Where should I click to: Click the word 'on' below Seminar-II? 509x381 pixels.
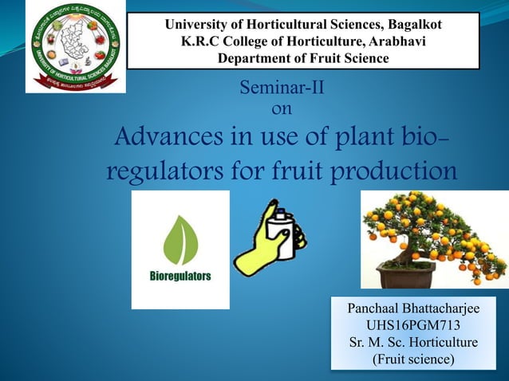point(282,108)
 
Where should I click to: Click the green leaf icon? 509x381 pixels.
point(180,239)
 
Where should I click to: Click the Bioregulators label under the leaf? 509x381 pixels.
point(180,277)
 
